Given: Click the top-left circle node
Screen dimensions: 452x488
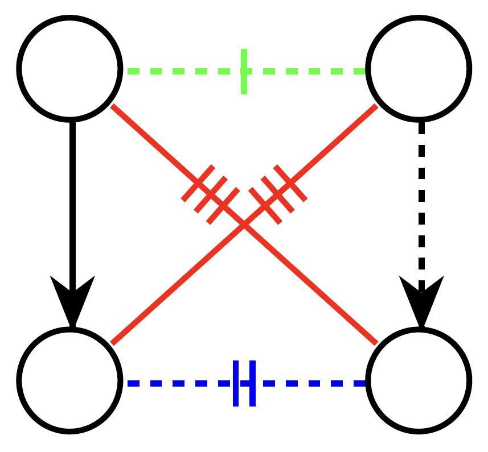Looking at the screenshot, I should (70, 68).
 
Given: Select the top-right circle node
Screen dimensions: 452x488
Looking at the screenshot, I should (419, 68).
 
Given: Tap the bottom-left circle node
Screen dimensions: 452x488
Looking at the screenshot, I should (70, 379).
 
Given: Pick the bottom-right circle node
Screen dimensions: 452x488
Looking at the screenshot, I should (419, 379).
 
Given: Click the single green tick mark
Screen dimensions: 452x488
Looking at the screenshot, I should (244, 72).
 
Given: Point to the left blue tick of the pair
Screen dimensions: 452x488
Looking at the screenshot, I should (236, 383).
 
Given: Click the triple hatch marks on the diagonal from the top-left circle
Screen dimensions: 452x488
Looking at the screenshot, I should (210, 194).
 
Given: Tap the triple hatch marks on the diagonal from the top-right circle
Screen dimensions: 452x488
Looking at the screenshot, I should (278, 194).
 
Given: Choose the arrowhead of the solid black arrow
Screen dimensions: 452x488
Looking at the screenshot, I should (72, 301).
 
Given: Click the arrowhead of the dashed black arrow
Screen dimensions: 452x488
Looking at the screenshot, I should (421, 301).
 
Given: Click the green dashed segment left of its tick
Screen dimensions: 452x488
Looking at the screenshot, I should (182, 72).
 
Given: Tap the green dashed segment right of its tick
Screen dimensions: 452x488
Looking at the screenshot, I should (307, 72).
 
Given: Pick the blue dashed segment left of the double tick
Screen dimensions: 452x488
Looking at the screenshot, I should (177, 384).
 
